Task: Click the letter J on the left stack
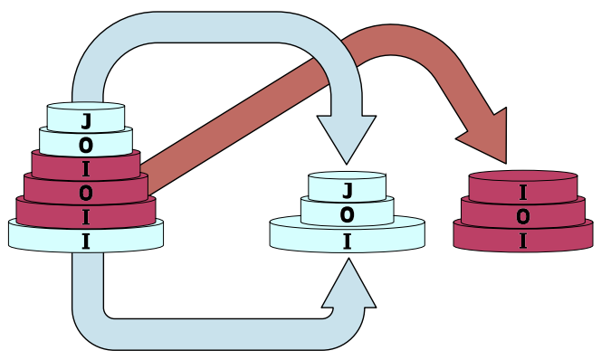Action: click(86, 121)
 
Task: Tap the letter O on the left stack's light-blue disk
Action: click(86, 145)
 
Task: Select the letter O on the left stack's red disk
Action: click(86, 193)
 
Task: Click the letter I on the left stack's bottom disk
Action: click(86, 242)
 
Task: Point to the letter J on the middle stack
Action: click(348, 191)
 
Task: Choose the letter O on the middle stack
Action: click(347, 215)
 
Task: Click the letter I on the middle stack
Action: click(347, 242)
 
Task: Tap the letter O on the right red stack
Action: click(523, 217)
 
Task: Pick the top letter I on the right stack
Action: click(523, 193)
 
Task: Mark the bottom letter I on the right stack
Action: click(523, 242)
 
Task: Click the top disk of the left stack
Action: click(86, 118)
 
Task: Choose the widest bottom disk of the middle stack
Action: click(348, 234)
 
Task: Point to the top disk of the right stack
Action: click(523, 186)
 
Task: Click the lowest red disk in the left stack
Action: click(86, 213)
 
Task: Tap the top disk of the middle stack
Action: click(347, 186)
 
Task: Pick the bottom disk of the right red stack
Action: click(523, 237)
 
